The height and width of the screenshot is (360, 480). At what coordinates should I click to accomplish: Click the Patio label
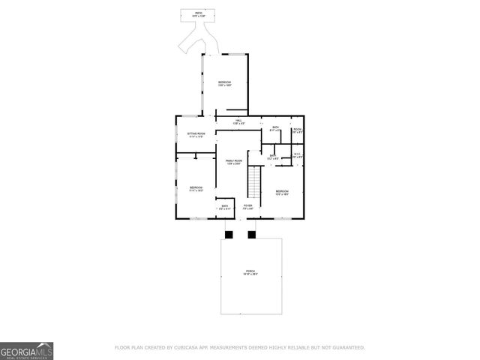tap(199, 13)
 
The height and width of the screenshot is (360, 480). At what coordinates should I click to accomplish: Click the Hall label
tap(238, 121)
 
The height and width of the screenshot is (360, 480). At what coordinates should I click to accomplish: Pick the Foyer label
tap(247, 206)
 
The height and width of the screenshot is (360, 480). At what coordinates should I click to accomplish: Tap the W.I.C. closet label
tap(297, 156)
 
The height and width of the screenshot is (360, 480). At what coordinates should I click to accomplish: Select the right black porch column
tap(251, 234)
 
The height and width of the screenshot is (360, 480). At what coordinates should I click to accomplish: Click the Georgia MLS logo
tap(26, 350)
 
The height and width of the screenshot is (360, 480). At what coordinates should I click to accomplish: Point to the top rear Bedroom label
tap(224, 83)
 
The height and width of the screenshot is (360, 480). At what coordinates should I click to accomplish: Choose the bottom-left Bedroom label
tap(196, 188)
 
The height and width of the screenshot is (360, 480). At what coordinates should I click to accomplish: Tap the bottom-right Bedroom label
tap(282, 193)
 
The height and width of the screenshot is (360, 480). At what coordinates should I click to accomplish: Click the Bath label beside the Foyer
tap(224, 208)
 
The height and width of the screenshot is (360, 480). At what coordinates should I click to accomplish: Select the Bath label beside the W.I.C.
tap(273, 157)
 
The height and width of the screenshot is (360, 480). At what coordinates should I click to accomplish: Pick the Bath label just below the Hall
tap(275, 128)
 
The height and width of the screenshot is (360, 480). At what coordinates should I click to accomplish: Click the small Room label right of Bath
tap(297, 130)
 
